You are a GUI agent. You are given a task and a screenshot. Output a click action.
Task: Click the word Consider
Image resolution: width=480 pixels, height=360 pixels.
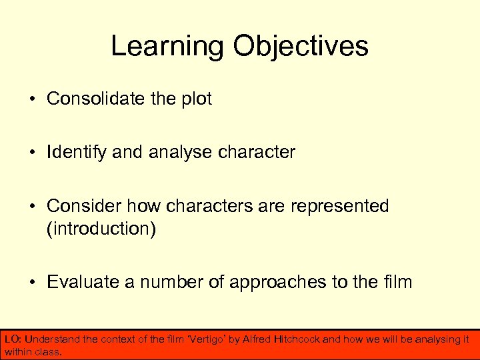click(x=81, y=206)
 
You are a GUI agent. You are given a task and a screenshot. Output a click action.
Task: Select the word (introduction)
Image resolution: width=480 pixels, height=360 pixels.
click(x=101, y=229)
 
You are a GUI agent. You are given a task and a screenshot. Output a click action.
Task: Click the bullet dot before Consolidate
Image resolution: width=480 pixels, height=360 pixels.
click(x=32, y=99)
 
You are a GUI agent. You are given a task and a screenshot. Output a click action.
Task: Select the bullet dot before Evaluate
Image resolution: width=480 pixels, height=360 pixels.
click(x=32, y=283)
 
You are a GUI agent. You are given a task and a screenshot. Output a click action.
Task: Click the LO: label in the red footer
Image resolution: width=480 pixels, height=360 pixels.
click(x=13, y=339)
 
